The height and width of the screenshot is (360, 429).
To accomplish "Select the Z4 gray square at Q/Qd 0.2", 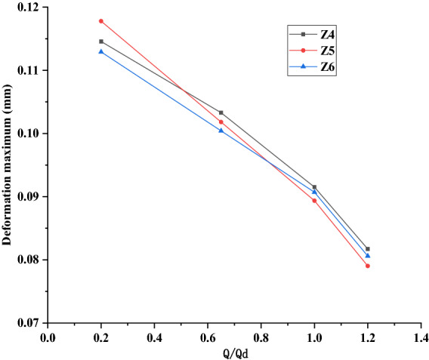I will pos(101,42).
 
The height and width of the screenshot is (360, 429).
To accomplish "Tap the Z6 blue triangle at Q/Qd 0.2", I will pos(101,51).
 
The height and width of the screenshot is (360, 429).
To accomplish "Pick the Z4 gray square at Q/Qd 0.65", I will pos(221,112).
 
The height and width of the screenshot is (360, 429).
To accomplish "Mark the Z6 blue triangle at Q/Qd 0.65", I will pos(221,131).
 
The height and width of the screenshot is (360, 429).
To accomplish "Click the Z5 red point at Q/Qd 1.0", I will pos(314,200).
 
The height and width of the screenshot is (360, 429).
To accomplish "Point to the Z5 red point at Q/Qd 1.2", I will pos(368,266).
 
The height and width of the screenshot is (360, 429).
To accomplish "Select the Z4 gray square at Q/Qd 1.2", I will pos(368,249).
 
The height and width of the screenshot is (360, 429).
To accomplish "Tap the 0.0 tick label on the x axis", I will pos(48,335).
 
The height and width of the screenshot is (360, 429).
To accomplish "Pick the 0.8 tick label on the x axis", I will pos(261,335).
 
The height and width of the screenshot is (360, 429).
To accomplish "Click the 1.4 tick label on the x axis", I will pos(421,335).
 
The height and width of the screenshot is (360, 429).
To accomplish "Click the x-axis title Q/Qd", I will pos(233,352).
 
